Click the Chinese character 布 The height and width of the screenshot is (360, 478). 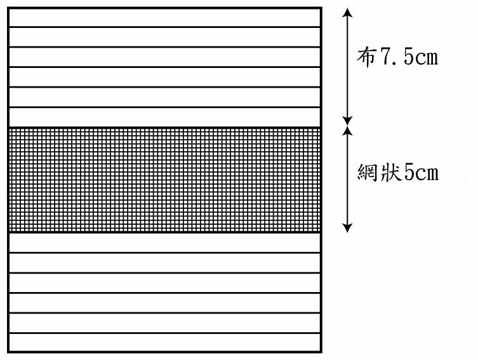[x=366, y=57]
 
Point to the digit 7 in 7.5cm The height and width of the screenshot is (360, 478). [x=385, y=57]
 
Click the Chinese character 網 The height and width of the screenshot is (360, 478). [x=367, y=172]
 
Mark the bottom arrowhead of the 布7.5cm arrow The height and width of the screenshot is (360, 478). [x=347, y=121]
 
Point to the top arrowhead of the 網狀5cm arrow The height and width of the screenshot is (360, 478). [x=347, y=130]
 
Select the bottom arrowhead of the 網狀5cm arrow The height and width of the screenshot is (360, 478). [x=347, y=228]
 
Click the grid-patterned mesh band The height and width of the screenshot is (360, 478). [x=164, y=180]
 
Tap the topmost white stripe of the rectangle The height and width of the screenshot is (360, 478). [x=164, y=18]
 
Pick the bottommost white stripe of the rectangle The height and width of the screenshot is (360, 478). [x=164, y=343]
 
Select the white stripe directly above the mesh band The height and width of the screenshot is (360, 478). [x=164, y=117]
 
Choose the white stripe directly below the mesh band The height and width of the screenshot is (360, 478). [x=164, y=243]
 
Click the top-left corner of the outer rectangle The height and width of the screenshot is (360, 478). [x=8, y=8]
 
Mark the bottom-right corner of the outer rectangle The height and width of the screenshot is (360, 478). [x=321, y=352]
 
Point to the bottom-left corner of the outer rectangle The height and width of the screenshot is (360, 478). [x=8, y=352]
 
